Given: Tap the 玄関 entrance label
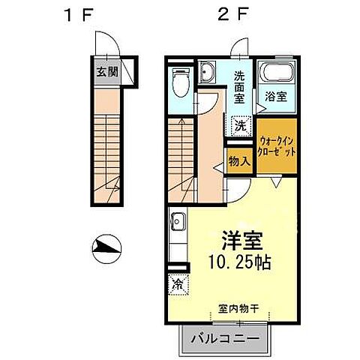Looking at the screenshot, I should pyautogui.click(x=106, y=73).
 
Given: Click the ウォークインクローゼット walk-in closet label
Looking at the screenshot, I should pyautogui.click(x=277, y=145).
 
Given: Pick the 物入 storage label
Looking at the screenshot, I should pyautogui.click(x=239, y=161).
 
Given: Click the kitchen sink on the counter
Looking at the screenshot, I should pyautogui.click(x=178, y=222).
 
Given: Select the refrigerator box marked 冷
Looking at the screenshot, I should pyautogui.click(x=178, y=284).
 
